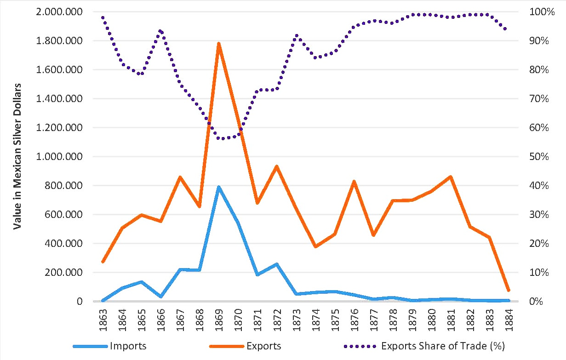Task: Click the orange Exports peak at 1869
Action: point(219,44)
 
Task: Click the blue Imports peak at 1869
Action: point(219,187)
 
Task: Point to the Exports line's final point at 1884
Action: point(509,291)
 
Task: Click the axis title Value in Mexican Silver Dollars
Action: point(18,157)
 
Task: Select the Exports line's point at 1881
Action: point(451,177)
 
